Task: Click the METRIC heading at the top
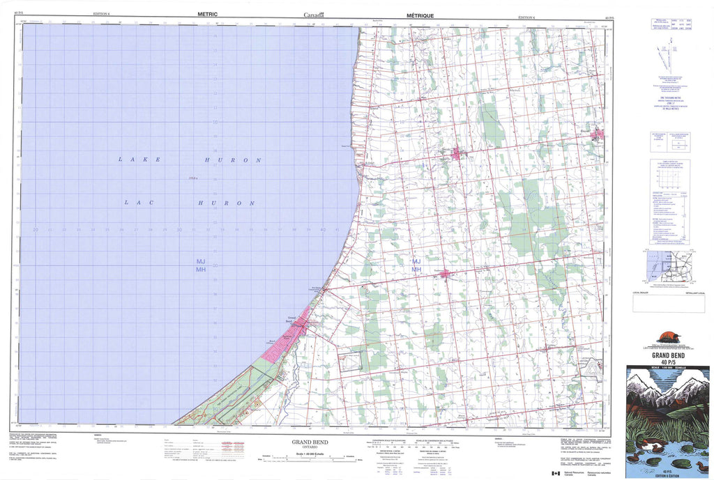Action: tap(208, 14)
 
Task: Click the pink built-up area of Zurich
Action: tap(456, 153)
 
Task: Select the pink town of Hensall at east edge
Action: tap(598, 134)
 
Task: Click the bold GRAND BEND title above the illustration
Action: tap(667, 355)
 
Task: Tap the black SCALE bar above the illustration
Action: tap(667, 366)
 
